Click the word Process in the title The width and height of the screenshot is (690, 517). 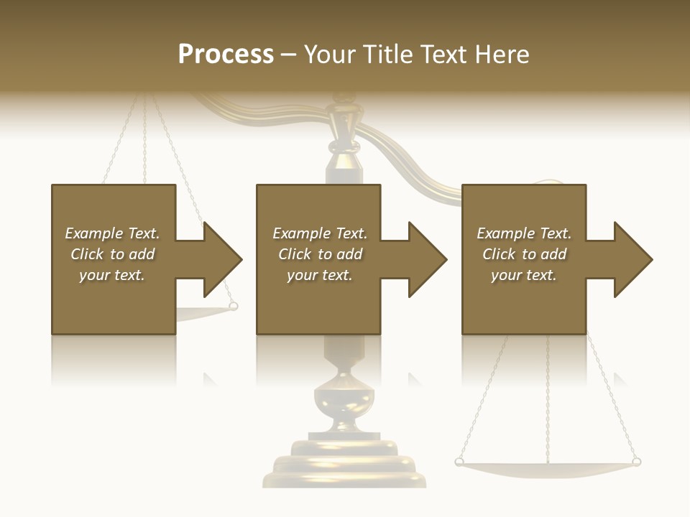226,55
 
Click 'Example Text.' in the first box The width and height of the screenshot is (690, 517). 112,233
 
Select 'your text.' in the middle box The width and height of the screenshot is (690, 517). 319,275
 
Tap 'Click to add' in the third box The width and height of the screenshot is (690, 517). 524,254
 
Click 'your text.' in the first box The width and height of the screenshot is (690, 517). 112,275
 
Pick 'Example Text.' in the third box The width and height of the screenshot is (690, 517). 524,233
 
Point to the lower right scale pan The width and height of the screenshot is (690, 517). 548,467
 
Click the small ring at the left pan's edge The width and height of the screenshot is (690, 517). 233,307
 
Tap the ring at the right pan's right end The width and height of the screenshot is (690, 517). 636,462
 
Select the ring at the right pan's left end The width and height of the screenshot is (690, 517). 459,462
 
